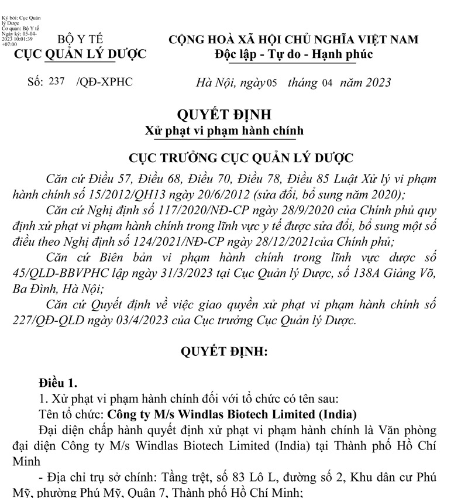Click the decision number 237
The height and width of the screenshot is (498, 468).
(x=57, y=81)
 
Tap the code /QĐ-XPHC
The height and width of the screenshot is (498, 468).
(x=105, y=82)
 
